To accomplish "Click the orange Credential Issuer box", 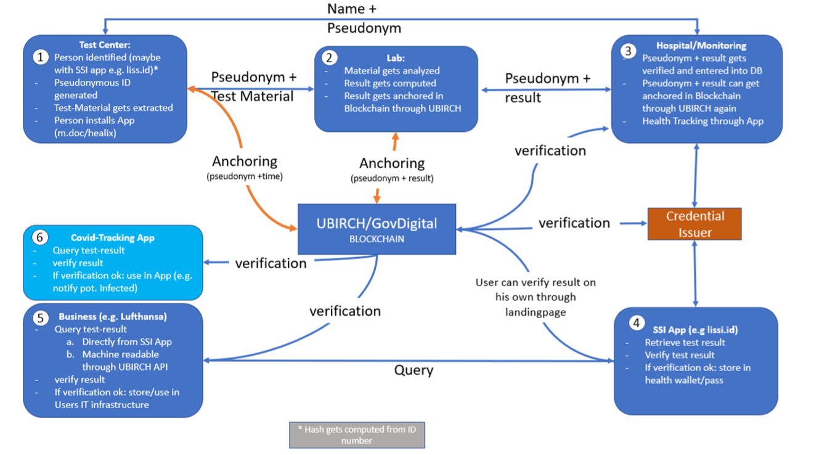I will (694, 224).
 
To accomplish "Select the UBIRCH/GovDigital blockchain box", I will (376, 229).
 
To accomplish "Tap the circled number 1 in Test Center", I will (41, 57).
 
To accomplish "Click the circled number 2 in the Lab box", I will (330, 58).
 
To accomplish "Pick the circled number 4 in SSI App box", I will (637, 323).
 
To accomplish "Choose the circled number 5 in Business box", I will (41, 318).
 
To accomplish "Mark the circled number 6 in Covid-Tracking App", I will (41, 238).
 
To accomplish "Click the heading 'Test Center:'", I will (104, 44).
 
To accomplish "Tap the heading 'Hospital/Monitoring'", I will (701, 46).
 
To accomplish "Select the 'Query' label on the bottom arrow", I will (413, 371).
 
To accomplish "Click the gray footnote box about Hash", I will (357, 435).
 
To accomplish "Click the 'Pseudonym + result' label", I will (547, 88).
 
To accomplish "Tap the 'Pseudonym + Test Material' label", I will (253, 86).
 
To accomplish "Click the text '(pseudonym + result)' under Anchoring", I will (392, 179).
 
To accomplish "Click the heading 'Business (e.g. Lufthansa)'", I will (113, 317).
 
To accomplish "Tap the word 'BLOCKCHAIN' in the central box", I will (376, 239).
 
